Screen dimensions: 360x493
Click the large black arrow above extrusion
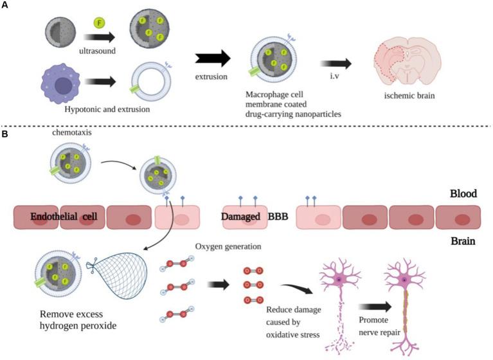pos(212,59)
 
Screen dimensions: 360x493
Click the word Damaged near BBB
pos(243,217)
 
